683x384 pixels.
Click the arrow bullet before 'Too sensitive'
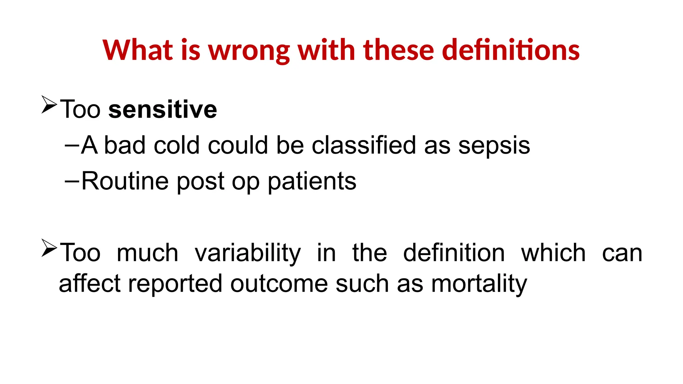[49, 105]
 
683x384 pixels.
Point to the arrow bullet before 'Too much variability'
[49, 248]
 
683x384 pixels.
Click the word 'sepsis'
[494, 146]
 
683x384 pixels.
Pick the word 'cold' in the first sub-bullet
[176, 145]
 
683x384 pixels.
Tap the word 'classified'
[364, 145]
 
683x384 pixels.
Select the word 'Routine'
[125, 181]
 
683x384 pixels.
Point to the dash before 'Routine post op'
[72, 181]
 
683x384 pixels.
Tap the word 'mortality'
[479, 284]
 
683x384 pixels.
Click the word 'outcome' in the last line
[279, 284]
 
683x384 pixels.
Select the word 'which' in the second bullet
[553, 253]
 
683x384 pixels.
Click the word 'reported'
[175, 284]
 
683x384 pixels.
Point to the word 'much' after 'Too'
[147, 253]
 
